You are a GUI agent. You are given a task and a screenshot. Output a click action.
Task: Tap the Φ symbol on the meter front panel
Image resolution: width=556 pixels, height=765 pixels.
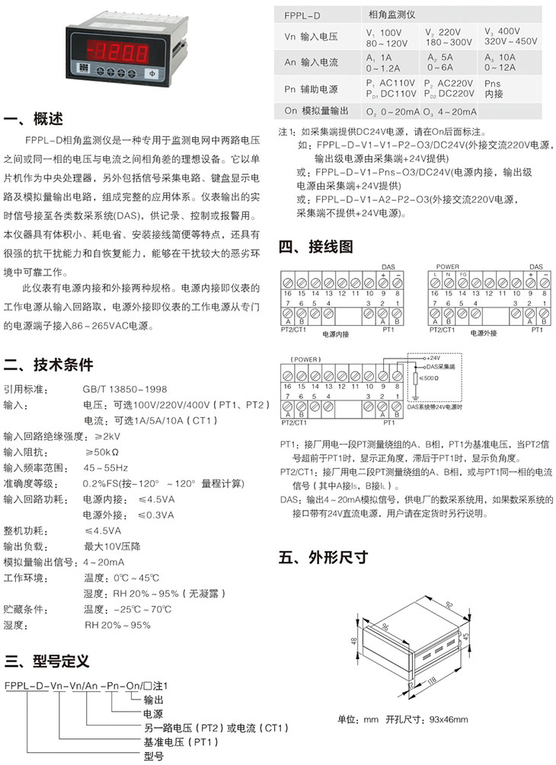pos(151,73)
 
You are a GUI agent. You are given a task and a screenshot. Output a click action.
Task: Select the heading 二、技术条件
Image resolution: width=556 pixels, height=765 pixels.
pos(49,363)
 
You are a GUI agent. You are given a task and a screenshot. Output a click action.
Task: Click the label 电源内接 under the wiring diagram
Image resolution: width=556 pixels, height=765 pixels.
pos(335,333)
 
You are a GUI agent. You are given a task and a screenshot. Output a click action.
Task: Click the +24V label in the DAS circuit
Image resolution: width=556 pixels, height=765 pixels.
pos(436,356)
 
